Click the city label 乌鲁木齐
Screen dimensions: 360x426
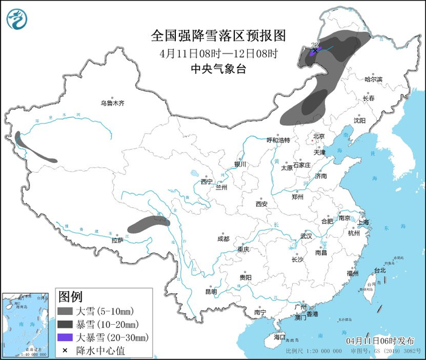[x=113, y=103]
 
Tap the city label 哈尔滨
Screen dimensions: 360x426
[x=373, y=79]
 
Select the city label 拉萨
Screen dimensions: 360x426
[x=117, y=240]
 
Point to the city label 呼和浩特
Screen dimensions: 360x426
[x=279, y=140]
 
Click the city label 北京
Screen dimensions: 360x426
[x=319, y=136]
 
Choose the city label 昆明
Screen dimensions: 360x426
[x=211, y=291]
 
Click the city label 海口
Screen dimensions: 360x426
[x=279, y=336]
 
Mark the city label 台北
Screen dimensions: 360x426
[x=379, y=270]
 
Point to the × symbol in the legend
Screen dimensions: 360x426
[x=65, y=350]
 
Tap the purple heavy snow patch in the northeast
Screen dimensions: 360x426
[x=313, y=53]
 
